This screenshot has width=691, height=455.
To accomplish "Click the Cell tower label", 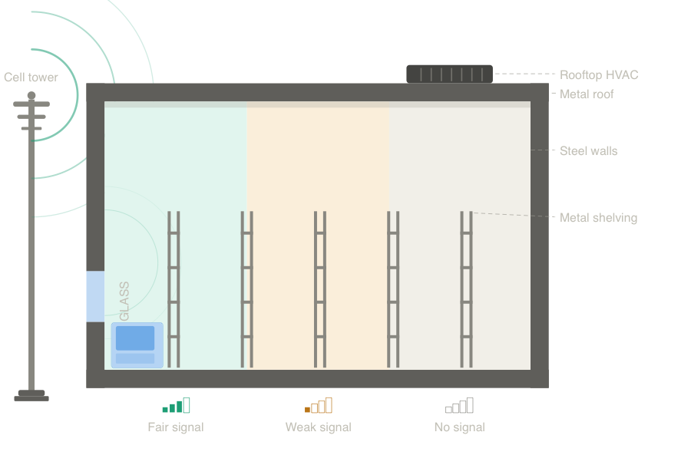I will tap(31, 77).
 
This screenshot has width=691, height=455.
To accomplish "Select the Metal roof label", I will tap(587, 94).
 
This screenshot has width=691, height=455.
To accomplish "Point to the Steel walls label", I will tap(588, 150).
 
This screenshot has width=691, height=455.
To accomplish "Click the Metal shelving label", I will tap(598, 217).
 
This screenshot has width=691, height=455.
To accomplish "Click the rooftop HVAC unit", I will tap(449, 74).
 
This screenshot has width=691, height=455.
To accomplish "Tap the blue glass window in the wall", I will tap(94, 296).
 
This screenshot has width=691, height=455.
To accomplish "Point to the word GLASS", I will tap(124, 301).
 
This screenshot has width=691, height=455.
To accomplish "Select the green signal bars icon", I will tap(176, 405).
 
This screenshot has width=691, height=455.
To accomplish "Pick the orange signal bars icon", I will tap(318, 405).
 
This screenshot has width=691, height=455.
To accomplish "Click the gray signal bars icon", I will tap(459, 405).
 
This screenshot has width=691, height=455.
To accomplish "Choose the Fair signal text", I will tap(176, 427).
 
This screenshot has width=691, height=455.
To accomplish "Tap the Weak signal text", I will tap(318, 427).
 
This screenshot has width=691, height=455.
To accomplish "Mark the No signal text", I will tap(459, 427).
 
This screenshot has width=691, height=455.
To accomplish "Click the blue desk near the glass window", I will tap(136, 345).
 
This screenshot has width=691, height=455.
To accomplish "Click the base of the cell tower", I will tap(31, 396).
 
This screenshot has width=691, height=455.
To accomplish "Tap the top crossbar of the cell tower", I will tap(31, 104).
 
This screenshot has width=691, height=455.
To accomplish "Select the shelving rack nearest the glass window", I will tap(174, 288).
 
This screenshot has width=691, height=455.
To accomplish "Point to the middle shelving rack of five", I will tap(320, 288).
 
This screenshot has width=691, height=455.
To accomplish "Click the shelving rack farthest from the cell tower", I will tap(466, 288).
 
